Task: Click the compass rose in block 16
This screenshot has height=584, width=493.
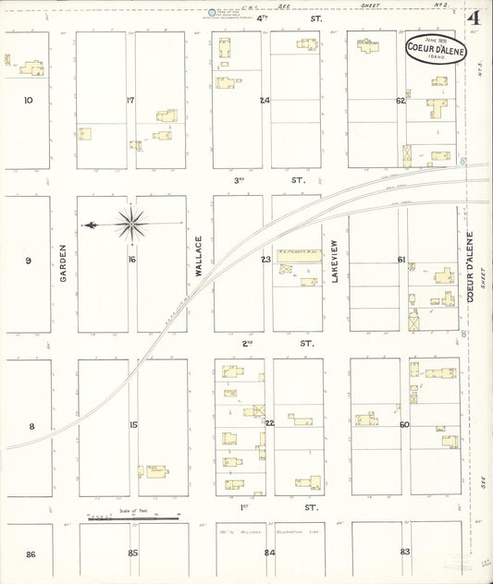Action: pos(131,224)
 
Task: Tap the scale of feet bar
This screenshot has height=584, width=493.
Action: pos(133,518)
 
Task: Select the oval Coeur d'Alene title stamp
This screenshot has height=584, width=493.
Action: pos(436,50)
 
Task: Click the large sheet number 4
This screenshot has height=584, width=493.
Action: pos(474,18)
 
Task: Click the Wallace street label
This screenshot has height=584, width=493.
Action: pos(198,256)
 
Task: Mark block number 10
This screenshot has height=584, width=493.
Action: pos(28,100)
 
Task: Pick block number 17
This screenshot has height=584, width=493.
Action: pos(130,100)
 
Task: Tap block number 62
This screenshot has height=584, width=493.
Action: pos(401,100)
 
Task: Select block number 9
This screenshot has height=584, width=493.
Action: pos(28,261)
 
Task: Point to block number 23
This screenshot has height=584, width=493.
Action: pos(265,260)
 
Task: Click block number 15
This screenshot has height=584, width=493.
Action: pos(133,424)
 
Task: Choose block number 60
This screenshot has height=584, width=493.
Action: pos(404,424)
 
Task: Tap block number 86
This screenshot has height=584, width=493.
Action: pos(31,554)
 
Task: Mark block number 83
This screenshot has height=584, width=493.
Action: pos(405,552)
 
